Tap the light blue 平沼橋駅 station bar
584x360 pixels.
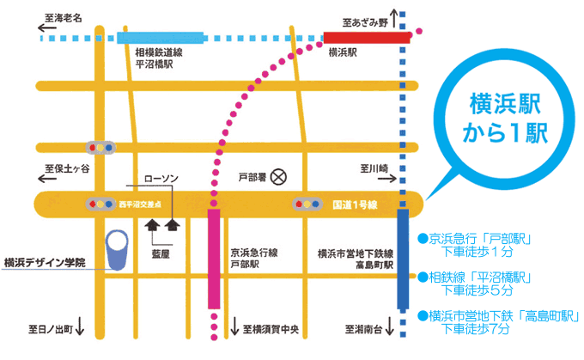[x=160, y=37]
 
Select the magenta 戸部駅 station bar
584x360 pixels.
[x=214, y=258]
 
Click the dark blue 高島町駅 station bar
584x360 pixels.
[x=404, y=258]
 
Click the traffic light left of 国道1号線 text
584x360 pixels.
[x=307, y=204]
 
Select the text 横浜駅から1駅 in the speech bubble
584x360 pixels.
[x=506, y=118]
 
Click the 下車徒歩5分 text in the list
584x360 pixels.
[x=476, y=290]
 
